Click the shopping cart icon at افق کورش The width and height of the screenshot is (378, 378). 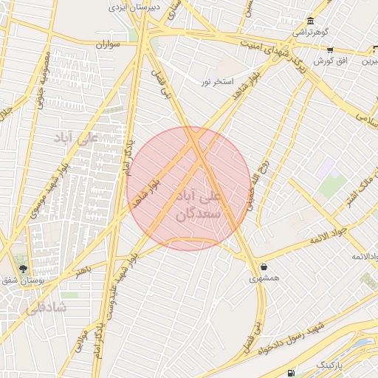pyautogui.click(x=330, y=49)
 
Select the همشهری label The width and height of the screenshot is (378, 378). pyautogui.click(x=264, y=278)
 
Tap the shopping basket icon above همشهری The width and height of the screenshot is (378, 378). pyautogui.click(x=264, y=267)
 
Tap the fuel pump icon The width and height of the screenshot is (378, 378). pyautogui.click(x=290, y=373)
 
